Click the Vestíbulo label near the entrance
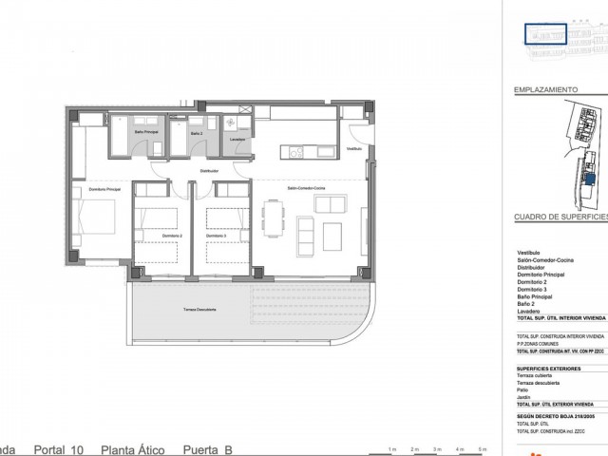pos(354,149)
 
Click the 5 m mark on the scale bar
pos(484,448)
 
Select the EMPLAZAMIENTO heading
pos(546,88)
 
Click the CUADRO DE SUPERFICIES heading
pos(560,218)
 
